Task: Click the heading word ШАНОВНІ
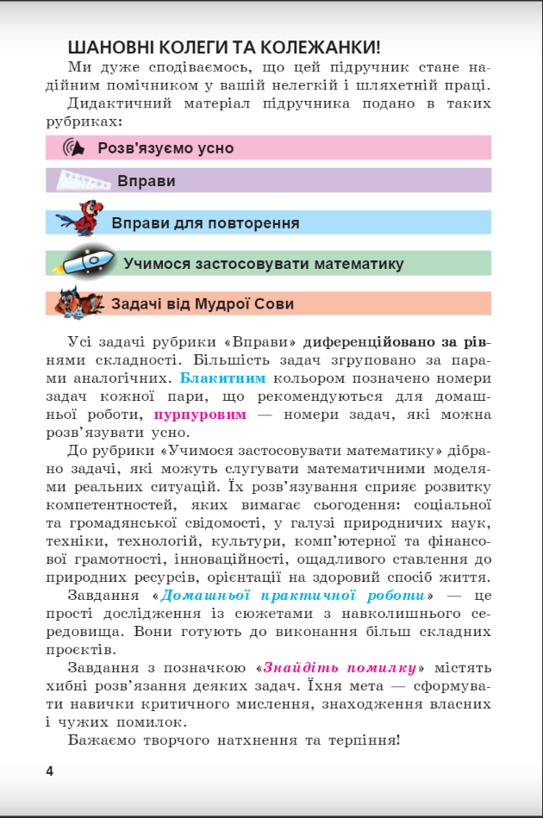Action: click(110, 47)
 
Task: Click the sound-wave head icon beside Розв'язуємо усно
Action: click(75, 147)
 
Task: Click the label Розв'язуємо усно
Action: click(165, 148)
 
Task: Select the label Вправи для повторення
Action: click(205, 223)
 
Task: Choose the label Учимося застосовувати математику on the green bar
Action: click(263, 264)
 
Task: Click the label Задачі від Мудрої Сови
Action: click(202, 304)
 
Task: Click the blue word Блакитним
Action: click(222, 378)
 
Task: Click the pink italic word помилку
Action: click(373, 667)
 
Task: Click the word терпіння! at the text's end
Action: click(362, 740)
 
